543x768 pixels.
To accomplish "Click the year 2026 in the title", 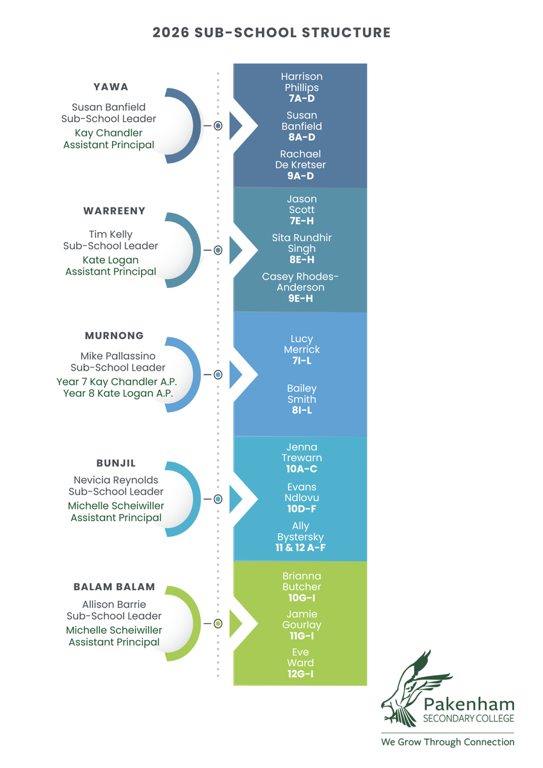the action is [x=171, y=33].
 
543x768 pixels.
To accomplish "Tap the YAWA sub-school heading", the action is [x=111, y=87].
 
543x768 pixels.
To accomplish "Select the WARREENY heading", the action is [x=114, y=211].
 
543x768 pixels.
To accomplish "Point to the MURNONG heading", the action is [x=114, y=335].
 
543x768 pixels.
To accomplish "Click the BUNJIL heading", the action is [x=116, y=463].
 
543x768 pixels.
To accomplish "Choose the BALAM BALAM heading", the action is [x=114, y=587].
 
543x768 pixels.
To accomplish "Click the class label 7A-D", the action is [x=302, y=99].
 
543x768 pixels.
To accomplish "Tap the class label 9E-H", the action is [x=300, y=298].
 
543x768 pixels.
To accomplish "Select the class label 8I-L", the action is [x=302, y=410].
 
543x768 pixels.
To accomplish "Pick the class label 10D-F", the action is [x=302, y=508].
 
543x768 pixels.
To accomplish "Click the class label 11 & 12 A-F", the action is [x=300, y=548].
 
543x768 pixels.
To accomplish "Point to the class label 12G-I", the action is [x=300, y=674].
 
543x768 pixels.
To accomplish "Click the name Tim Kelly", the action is [x=110, y=234].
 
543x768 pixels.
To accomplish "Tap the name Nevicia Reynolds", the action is [x=116, y=480].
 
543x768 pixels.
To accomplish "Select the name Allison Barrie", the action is [x=114, y=604].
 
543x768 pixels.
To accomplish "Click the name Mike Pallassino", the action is [x=118, y=356].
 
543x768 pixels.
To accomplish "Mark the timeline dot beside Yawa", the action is [x=218, y=126].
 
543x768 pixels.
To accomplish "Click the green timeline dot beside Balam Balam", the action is [x=218, y=623].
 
